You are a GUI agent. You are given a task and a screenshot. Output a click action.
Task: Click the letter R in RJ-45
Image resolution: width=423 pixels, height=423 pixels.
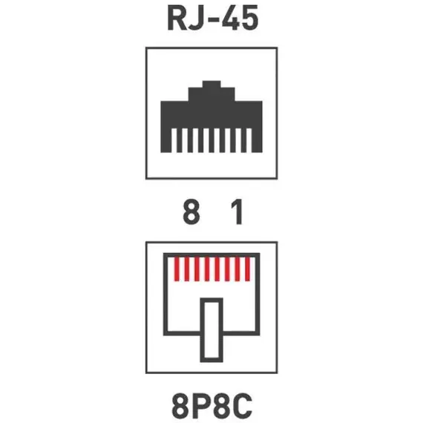[177, 19]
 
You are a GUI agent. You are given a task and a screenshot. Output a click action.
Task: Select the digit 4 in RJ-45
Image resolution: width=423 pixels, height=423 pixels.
[231, 19]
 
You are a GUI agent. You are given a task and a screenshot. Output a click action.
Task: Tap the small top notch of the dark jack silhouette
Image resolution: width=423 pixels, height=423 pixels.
[211, 85]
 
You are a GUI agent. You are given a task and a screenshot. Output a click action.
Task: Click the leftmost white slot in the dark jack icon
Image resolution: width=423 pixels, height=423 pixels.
[174, 140]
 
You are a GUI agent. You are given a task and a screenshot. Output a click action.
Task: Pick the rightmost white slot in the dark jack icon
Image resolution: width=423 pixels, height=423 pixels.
[249, 140]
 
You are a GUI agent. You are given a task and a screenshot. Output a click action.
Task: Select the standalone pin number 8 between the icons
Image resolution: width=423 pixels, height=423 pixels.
[191, 211]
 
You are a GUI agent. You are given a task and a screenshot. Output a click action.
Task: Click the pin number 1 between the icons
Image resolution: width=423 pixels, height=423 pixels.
[237, 211]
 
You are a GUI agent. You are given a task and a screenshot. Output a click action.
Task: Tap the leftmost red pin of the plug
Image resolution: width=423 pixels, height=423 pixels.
[177, 269]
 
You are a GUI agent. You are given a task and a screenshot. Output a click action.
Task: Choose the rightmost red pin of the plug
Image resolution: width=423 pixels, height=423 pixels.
[247, 269]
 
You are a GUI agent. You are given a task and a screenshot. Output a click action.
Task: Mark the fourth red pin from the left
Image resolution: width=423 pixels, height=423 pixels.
[207, 269]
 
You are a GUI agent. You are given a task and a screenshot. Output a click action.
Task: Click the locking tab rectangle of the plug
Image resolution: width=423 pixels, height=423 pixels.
[211, 330]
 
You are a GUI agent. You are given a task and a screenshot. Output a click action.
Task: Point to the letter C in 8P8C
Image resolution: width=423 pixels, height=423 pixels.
[243, 405]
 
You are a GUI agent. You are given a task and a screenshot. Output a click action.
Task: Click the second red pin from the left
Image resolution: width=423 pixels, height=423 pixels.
[187, 269]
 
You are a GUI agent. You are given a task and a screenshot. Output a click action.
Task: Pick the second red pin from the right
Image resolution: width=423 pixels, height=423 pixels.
[237, 269]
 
